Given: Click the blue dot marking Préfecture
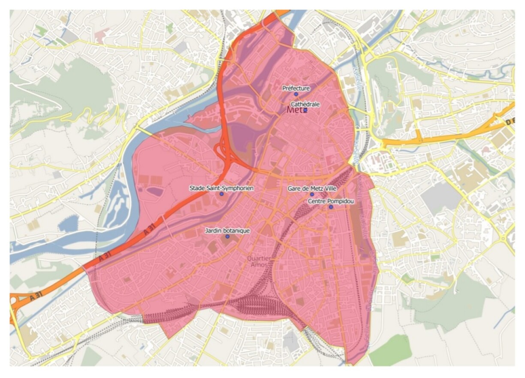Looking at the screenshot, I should point(296,94).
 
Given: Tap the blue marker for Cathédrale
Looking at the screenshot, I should point(305,110).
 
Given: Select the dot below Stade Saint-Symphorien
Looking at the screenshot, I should point(222,194).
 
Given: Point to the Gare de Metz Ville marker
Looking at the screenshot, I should point(312,194).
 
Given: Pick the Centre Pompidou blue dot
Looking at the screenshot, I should point(331,207).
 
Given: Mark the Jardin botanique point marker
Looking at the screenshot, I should point(227,236).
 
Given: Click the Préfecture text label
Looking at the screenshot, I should point(296,88).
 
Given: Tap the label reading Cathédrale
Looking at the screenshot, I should point(305,104).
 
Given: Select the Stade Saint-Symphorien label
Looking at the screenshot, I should point(222,188).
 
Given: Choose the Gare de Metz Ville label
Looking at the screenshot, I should point(312,188).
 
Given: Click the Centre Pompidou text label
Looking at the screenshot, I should point(331,201).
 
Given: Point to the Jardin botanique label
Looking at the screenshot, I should point(227,230).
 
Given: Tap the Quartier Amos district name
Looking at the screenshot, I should point(259,261).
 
